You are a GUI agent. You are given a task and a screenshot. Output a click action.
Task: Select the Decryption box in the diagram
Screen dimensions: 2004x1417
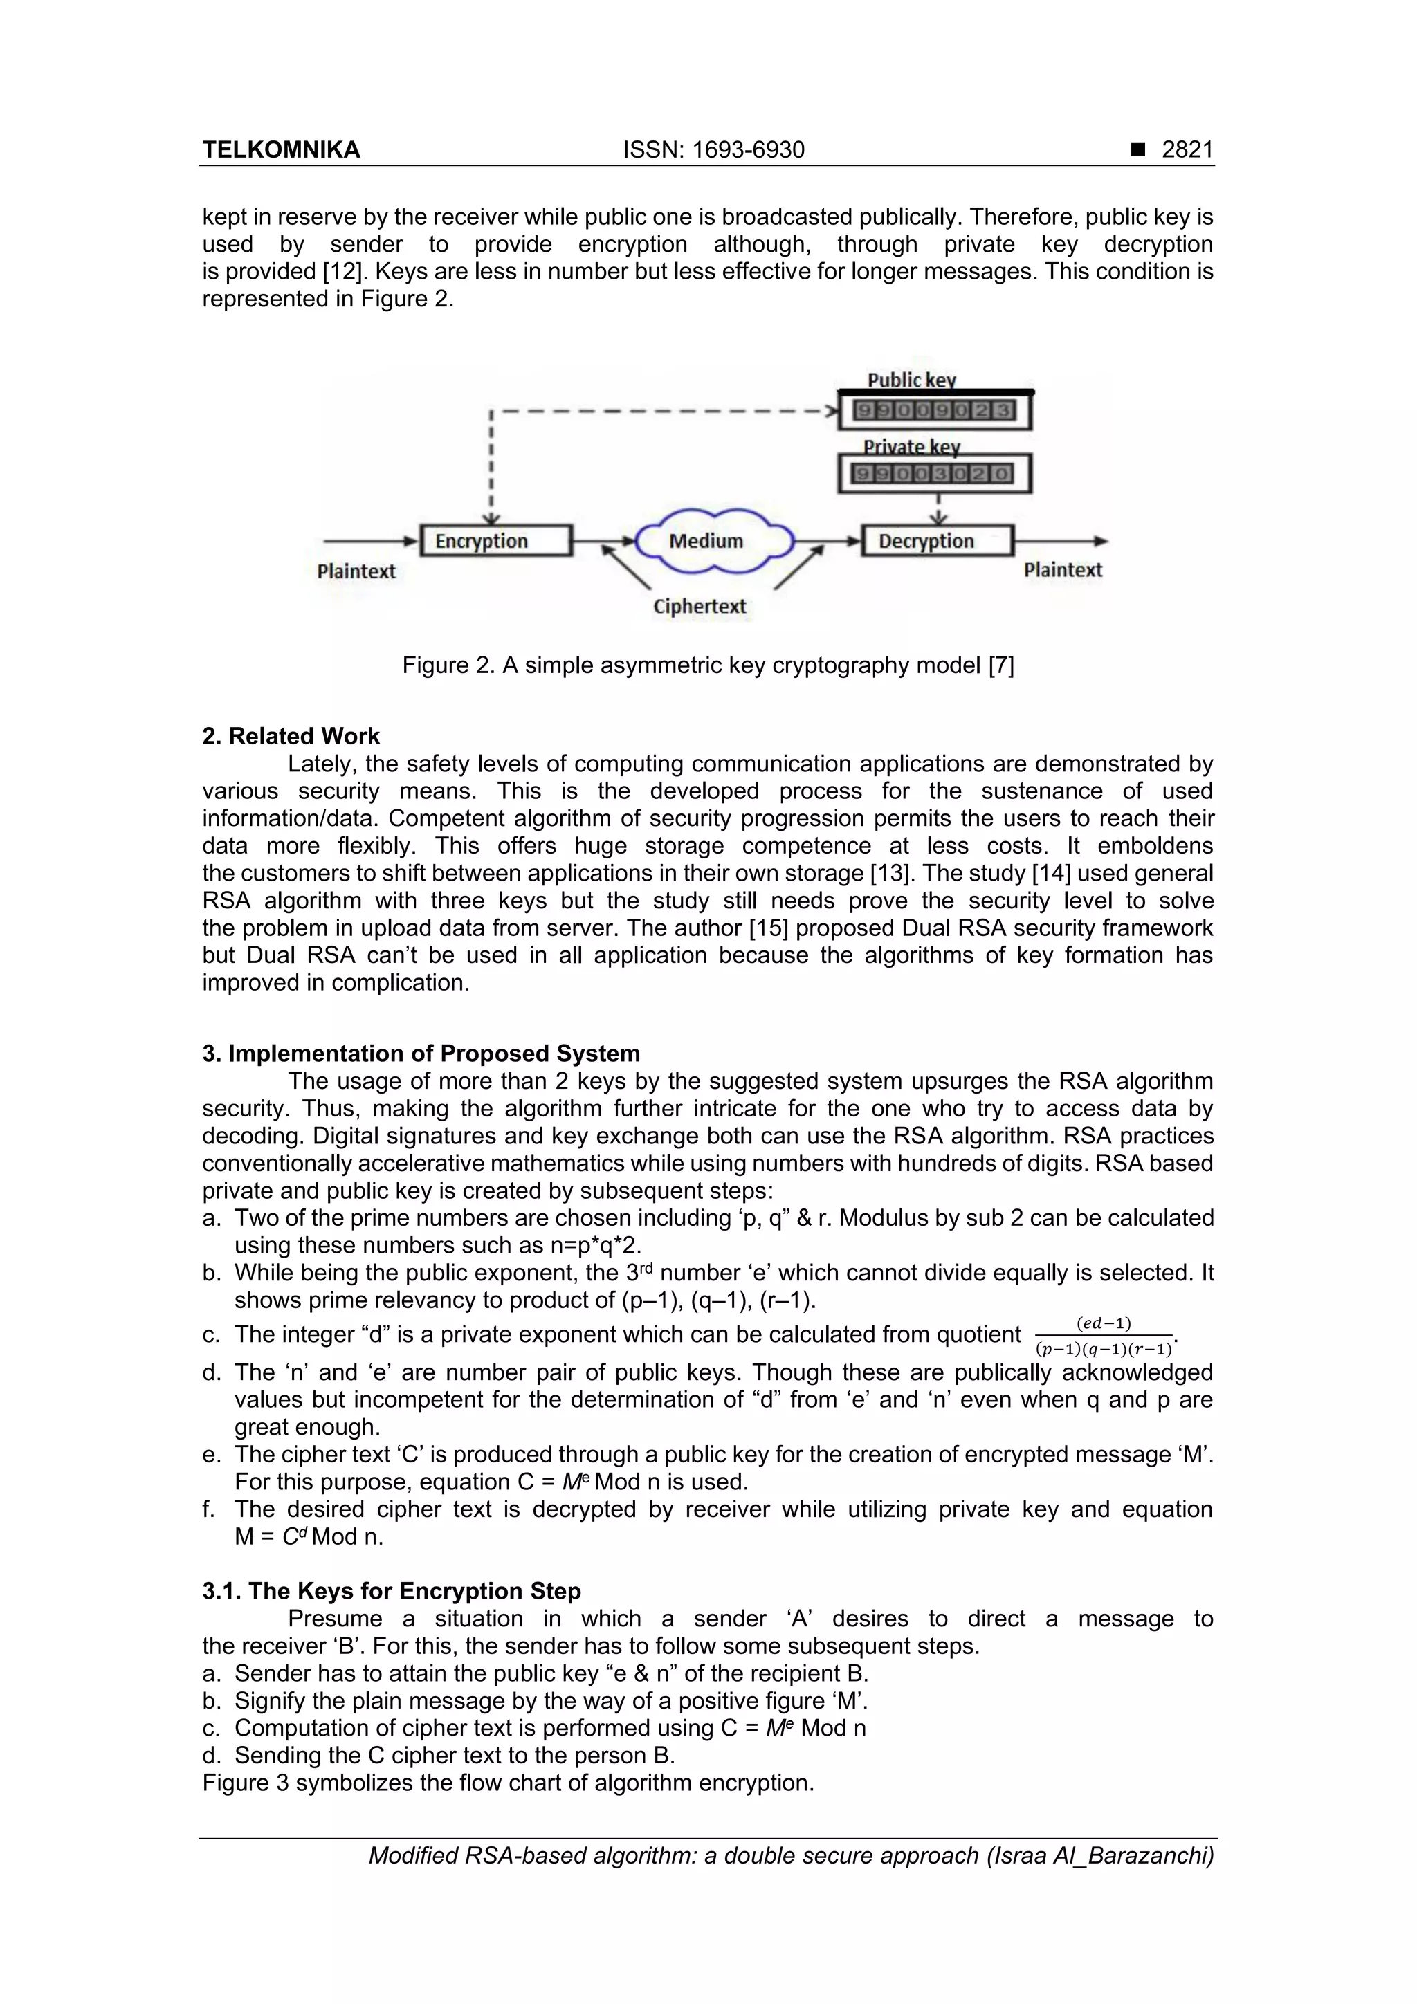[x=937, y=540]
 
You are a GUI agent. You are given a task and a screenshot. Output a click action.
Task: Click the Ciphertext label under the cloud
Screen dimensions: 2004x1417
[x=700, y=606]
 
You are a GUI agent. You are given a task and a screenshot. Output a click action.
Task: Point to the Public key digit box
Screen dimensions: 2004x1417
[x=934, y=410]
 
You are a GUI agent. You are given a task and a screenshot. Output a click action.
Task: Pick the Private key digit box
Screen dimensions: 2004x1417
[x=934, y=474]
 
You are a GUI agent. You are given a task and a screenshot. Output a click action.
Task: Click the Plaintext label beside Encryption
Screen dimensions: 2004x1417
[x=356, y=571]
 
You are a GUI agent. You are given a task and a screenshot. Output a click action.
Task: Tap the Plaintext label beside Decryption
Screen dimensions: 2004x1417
[x=1063, y=570]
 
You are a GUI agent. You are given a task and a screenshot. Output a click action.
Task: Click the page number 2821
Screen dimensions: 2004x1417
[x=1187, y=150]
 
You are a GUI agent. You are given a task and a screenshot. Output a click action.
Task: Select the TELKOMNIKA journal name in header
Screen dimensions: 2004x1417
[x=281, y=150]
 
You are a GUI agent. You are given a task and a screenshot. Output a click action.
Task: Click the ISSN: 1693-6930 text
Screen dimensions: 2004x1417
[x=713, y=150]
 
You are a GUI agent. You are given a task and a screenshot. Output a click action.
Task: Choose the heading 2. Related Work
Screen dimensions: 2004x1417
[x=291, y=736]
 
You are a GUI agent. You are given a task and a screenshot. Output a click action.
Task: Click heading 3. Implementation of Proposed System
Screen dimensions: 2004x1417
[x=421, y=1054]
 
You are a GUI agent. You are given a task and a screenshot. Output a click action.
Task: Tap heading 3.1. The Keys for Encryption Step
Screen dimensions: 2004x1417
[x=391, y=1591]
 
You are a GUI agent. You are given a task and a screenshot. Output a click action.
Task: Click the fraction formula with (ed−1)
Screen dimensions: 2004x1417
[x=1104, y=1335]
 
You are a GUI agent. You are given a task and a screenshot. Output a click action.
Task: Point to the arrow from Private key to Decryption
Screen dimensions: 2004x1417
[x=939, y=510]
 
